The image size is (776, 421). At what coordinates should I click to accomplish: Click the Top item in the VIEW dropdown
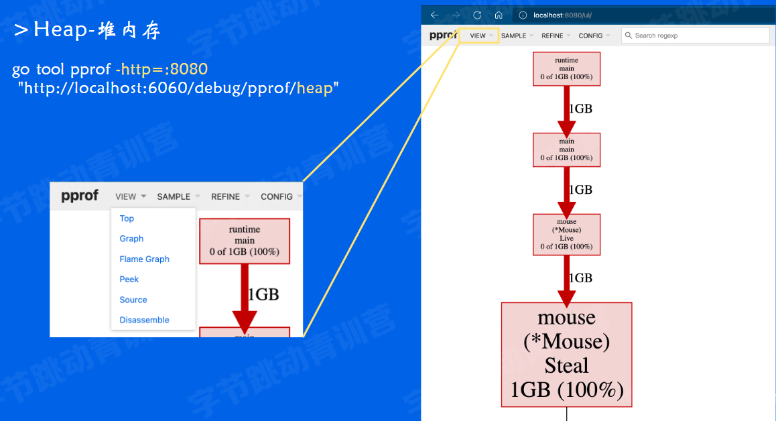click(127, 219)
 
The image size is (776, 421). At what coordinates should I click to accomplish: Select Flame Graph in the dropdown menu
click(144, 259)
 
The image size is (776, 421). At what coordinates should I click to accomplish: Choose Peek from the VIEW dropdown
click(129, 280)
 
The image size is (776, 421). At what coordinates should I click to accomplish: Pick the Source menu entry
click(133, 300)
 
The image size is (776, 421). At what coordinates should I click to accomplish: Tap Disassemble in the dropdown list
click(144, 320)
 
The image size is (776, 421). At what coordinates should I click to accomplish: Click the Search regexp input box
click(697, 36)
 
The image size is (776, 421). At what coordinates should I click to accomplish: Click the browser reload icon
click(477, 15)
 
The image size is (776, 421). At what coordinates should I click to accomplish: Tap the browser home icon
click(499, 15)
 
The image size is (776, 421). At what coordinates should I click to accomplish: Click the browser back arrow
click(434, 15)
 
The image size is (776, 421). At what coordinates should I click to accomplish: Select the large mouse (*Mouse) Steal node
click(566, 354)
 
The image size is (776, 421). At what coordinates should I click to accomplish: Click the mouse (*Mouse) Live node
click(566, 234)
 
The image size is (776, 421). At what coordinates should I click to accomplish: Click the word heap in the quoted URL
click(314, 88)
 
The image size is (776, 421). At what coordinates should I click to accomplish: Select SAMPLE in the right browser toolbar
click(514, 36)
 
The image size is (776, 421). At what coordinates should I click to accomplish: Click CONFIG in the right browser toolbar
click(590, 36)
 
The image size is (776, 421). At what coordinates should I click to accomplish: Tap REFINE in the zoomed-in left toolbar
click(226, 196)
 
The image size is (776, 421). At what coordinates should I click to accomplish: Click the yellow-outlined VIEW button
click(478, 36)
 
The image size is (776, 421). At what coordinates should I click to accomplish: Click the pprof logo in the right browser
click(442, 36)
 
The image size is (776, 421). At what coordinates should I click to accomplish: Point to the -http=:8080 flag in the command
click(161, 69)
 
